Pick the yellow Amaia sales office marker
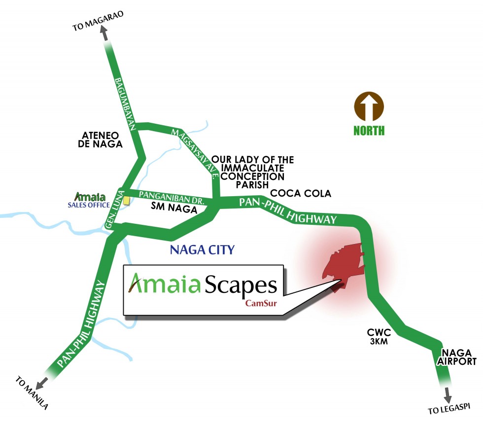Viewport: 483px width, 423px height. click(x=127, y=201)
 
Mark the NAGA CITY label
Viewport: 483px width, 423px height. click(x=202, y=249)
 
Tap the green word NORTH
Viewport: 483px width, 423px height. click(x=369, y=131)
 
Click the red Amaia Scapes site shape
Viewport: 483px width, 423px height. click(x=345, y=264)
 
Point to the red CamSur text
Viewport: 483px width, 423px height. click(x=261, y=303)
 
